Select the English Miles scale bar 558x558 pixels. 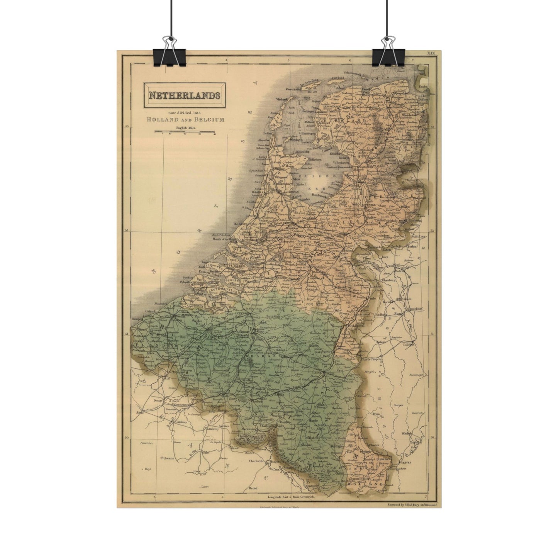(x=185, y=132)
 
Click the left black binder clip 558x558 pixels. (x=170, y=54)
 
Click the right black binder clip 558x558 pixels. (x=388, y=54)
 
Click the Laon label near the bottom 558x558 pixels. (x=205, y=487)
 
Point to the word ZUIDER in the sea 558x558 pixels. (x=314, y=176)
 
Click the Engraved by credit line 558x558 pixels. (x=411, y=504)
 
